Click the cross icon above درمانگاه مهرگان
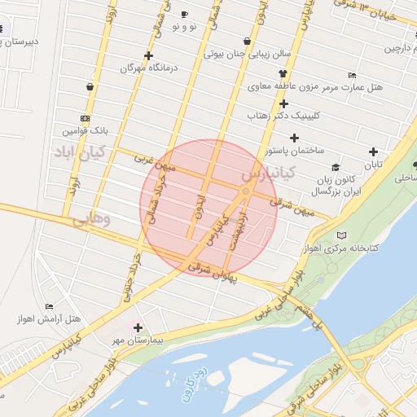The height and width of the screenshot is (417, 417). (x=148, y=56)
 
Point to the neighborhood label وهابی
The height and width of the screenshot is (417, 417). (x=89, y=220)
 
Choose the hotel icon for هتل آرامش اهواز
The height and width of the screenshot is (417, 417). (x=50, y=306)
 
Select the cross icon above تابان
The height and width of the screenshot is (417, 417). (x=373, y=151)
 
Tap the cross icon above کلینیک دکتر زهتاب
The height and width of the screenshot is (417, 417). (x=283, y=103)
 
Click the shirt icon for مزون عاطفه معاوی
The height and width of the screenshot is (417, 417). (x=283, y=72)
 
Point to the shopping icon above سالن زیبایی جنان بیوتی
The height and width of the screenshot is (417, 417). (x=247, y=41)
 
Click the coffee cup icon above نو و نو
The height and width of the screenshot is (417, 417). (x=184, y=15)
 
